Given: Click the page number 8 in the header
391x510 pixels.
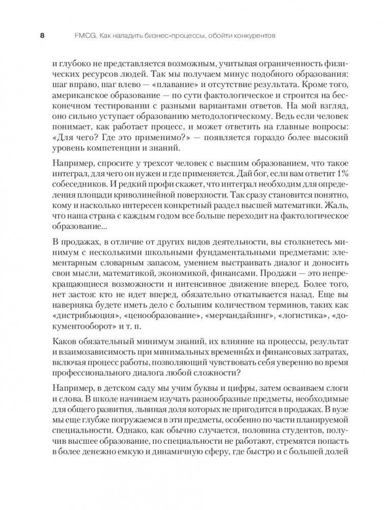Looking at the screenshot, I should pos(42,36).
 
